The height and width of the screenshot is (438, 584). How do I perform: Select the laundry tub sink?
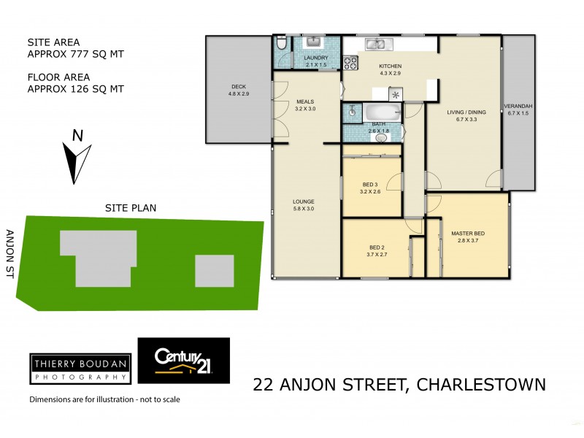315,42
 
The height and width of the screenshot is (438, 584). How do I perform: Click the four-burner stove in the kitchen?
349,61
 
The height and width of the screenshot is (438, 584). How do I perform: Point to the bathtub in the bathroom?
382,113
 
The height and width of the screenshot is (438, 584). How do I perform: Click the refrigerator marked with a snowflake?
396,95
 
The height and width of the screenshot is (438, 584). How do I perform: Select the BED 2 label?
377,247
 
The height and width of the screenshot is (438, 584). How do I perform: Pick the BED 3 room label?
370,184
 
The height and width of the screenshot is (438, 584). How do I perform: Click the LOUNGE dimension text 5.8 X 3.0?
304,208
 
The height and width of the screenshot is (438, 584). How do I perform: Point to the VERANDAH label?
519,107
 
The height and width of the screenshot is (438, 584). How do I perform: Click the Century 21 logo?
184,361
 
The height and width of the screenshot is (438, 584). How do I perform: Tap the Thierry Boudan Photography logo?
80,369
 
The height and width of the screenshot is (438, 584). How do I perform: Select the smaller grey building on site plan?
214,270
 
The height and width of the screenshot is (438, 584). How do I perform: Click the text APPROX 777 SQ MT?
75,54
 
